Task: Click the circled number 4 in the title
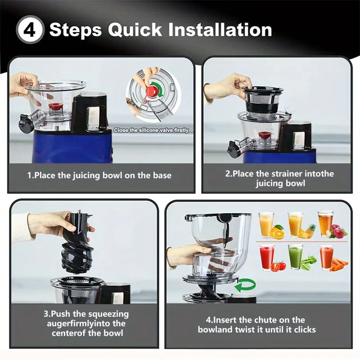point(30,30)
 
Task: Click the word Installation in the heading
point(220,30)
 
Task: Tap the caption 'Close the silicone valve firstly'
point(151,130)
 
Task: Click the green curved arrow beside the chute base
point(245,285)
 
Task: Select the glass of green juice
point(295,256)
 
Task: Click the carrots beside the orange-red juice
point(339,264)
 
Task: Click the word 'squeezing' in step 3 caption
point(108,314)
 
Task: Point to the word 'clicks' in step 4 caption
point(305,329)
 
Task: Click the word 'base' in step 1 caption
point(162,175)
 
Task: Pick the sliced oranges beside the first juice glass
point(276,232)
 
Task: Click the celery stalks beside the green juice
point(308,263)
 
